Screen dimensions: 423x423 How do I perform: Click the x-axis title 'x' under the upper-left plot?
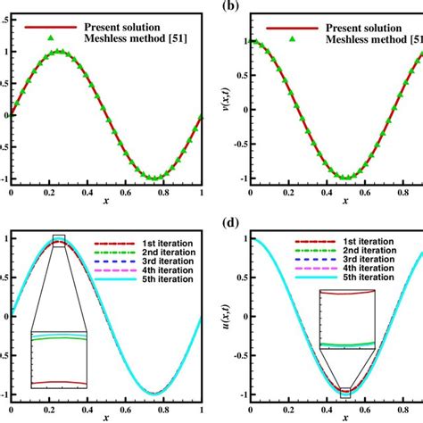coord(106,203)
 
